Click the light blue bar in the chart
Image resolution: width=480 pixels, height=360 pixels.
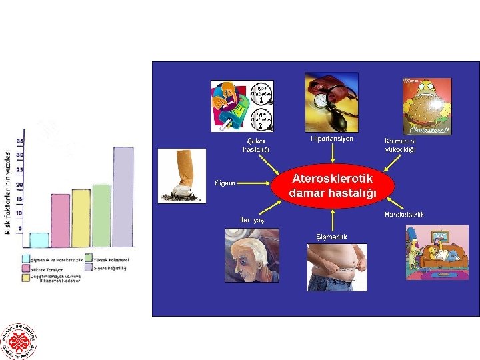pyautogui.click(x=39, y=241)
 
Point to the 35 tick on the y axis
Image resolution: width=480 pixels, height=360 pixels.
pyautogui.click(x=20, y=141)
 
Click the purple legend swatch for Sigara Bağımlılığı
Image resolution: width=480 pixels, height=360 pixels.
pyautogui.click(x=89, y=268)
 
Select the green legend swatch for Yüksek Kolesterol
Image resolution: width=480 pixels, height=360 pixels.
pyautogui.click(x=89, y=259)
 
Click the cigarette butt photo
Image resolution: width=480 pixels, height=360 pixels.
pyautogui.click(x=182, y=175)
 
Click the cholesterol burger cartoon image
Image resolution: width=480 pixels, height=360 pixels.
pyautogui.click(x=427, y=106)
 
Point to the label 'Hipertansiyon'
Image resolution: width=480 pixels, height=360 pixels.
pyautogui.click(x=332, y=139)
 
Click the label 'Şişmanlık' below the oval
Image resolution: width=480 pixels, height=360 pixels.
pyautogui.click(x=331, y=237)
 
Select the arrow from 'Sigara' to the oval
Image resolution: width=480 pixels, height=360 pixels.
pyautogui.click(x=255, y=182)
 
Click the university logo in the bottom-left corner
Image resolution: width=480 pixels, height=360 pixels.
pyautogui.click(x=19, y=340)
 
